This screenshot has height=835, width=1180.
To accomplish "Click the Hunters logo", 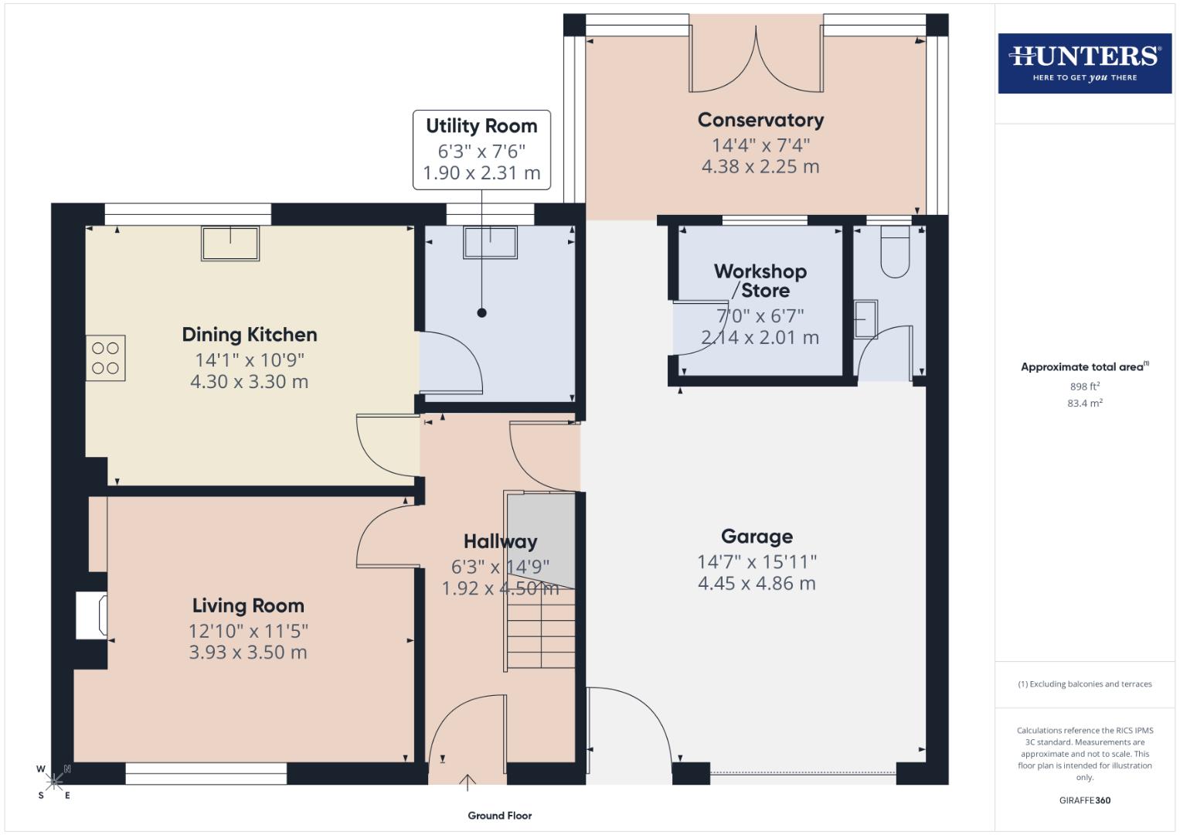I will pos(1084,63).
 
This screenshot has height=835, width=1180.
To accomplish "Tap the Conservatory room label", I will pos(760,121).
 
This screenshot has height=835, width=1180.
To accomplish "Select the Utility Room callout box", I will pos(481,149).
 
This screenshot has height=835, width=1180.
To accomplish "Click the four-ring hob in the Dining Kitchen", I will pos(105,358).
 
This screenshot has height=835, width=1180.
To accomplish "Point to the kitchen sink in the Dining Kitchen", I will pos(230,243).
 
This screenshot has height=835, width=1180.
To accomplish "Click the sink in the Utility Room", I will pos(490,242).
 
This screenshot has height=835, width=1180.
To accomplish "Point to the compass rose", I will pos(53,782).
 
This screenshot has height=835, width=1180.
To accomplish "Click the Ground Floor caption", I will pos(499,816).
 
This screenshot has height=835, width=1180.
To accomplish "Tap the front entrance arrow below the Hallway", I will pos(467,782).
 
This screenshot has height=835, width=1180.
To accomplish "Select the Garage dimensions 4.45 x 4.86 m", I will pos(757,584).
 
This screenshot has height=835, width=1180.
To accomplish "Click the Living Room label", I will pos(248,605).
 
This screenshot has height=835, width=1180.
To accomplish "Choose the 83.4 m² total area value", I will pos(1084,403).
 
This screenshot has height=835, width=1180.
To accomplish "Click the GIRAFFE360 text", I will pos(1084,800).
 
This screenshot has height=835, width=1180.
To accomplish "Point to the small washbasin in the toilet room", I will pos(865,319).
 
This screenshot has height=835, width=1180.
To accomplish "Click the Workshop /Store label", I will pos(760,281).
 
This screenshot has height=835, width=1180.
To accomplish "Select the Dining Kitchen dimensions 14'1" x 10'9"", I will pos(249,360).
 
